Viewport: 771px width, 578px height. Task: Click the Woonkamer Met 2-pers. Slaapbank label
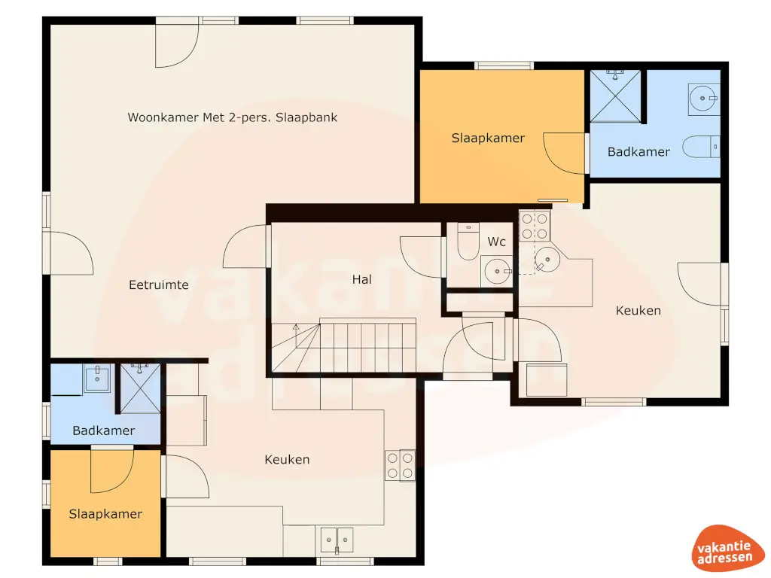232,117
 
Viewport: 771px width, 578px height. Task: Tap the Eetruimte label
158,285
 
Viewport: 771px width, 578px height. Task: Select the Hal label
362,279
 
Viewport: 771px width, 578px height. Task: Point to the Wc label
497,242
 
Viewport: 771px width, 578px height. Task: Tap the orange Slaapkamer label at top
488,138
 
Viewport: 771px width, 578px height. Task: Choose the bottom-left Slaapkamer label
105,514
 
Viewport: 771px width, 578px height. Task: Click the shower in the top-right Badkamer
617,95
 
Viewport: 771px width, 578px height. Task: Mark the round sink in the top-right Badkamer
704,96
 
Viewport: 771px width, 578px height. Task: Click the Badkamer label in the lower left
104,430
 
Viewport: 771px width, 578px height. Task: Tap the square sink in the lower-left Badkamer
97,378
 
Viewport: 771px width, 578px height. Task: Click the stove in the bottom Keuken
400,464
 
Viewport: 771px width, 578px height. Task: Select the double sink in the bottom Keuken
337,539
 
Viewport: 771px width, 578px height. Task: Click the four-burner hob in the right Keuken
535,224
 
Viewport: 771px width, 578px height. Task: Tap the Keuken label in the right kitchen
638,310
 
